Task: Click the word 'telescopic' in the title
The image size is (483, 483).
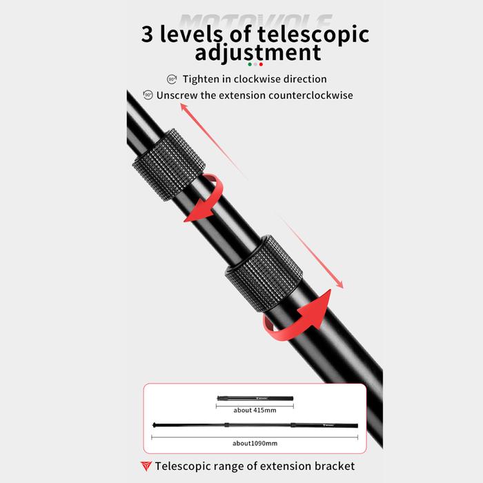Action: click(302, 35)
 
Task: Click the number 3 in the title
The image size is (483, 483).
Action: click(150, 34)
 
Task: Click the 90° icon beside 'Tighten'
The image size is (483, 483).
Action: click(172, 79)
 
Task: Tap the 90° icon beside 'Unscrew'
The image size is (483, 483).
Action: click(148, 95)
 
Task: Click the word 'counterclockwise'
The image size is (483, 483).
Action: click(306, 95)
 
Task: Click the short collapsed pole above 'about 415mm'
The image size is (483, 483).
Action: click(255, 399)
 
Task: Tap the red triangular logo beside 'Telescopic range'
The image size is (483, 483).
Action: click(145, 466)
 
